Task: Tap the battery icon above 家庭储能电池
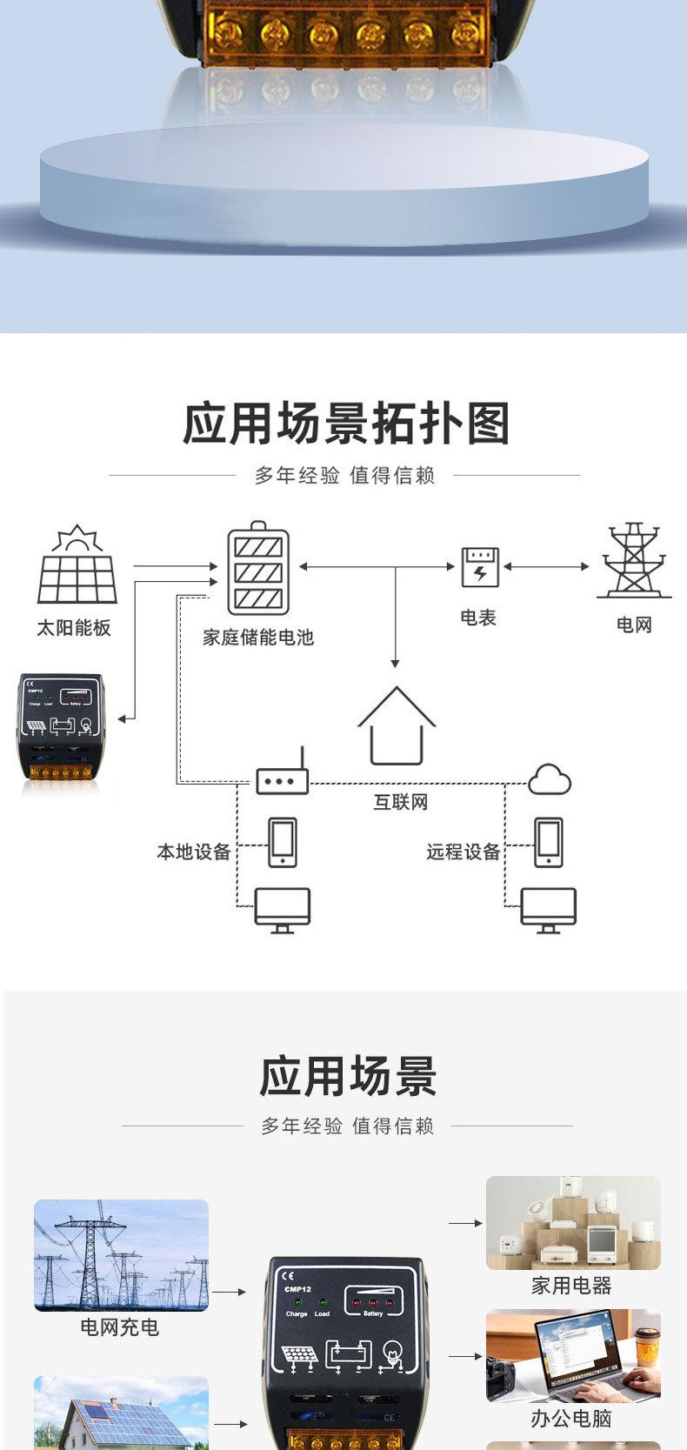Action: [258, 569]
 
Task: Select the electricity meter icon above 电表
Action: [480, 567]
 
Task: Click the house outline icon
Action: [397, 725]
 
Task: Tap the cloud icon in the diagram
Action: [550, 779]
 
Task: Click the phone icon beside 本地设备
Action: [282, 842]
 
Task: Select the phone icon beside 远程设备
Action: [548, 842]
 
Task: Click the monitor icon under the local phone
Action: [282, 910]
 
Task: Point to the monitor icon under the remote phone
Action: [548, 910]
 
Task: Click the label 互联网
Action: [401, 802]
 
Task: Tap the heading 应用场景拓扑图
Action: [345, 424]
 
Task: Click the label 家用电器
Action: [571, 1286]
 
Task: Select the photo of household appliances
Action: [573, 1222]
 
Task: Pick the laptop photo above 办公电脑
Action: [573, 1355]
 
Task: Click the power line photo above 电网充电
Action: [121, 1255]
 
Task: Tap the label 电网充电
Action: [120, 1327]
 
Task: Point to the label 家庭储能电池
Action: [258, 638]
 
